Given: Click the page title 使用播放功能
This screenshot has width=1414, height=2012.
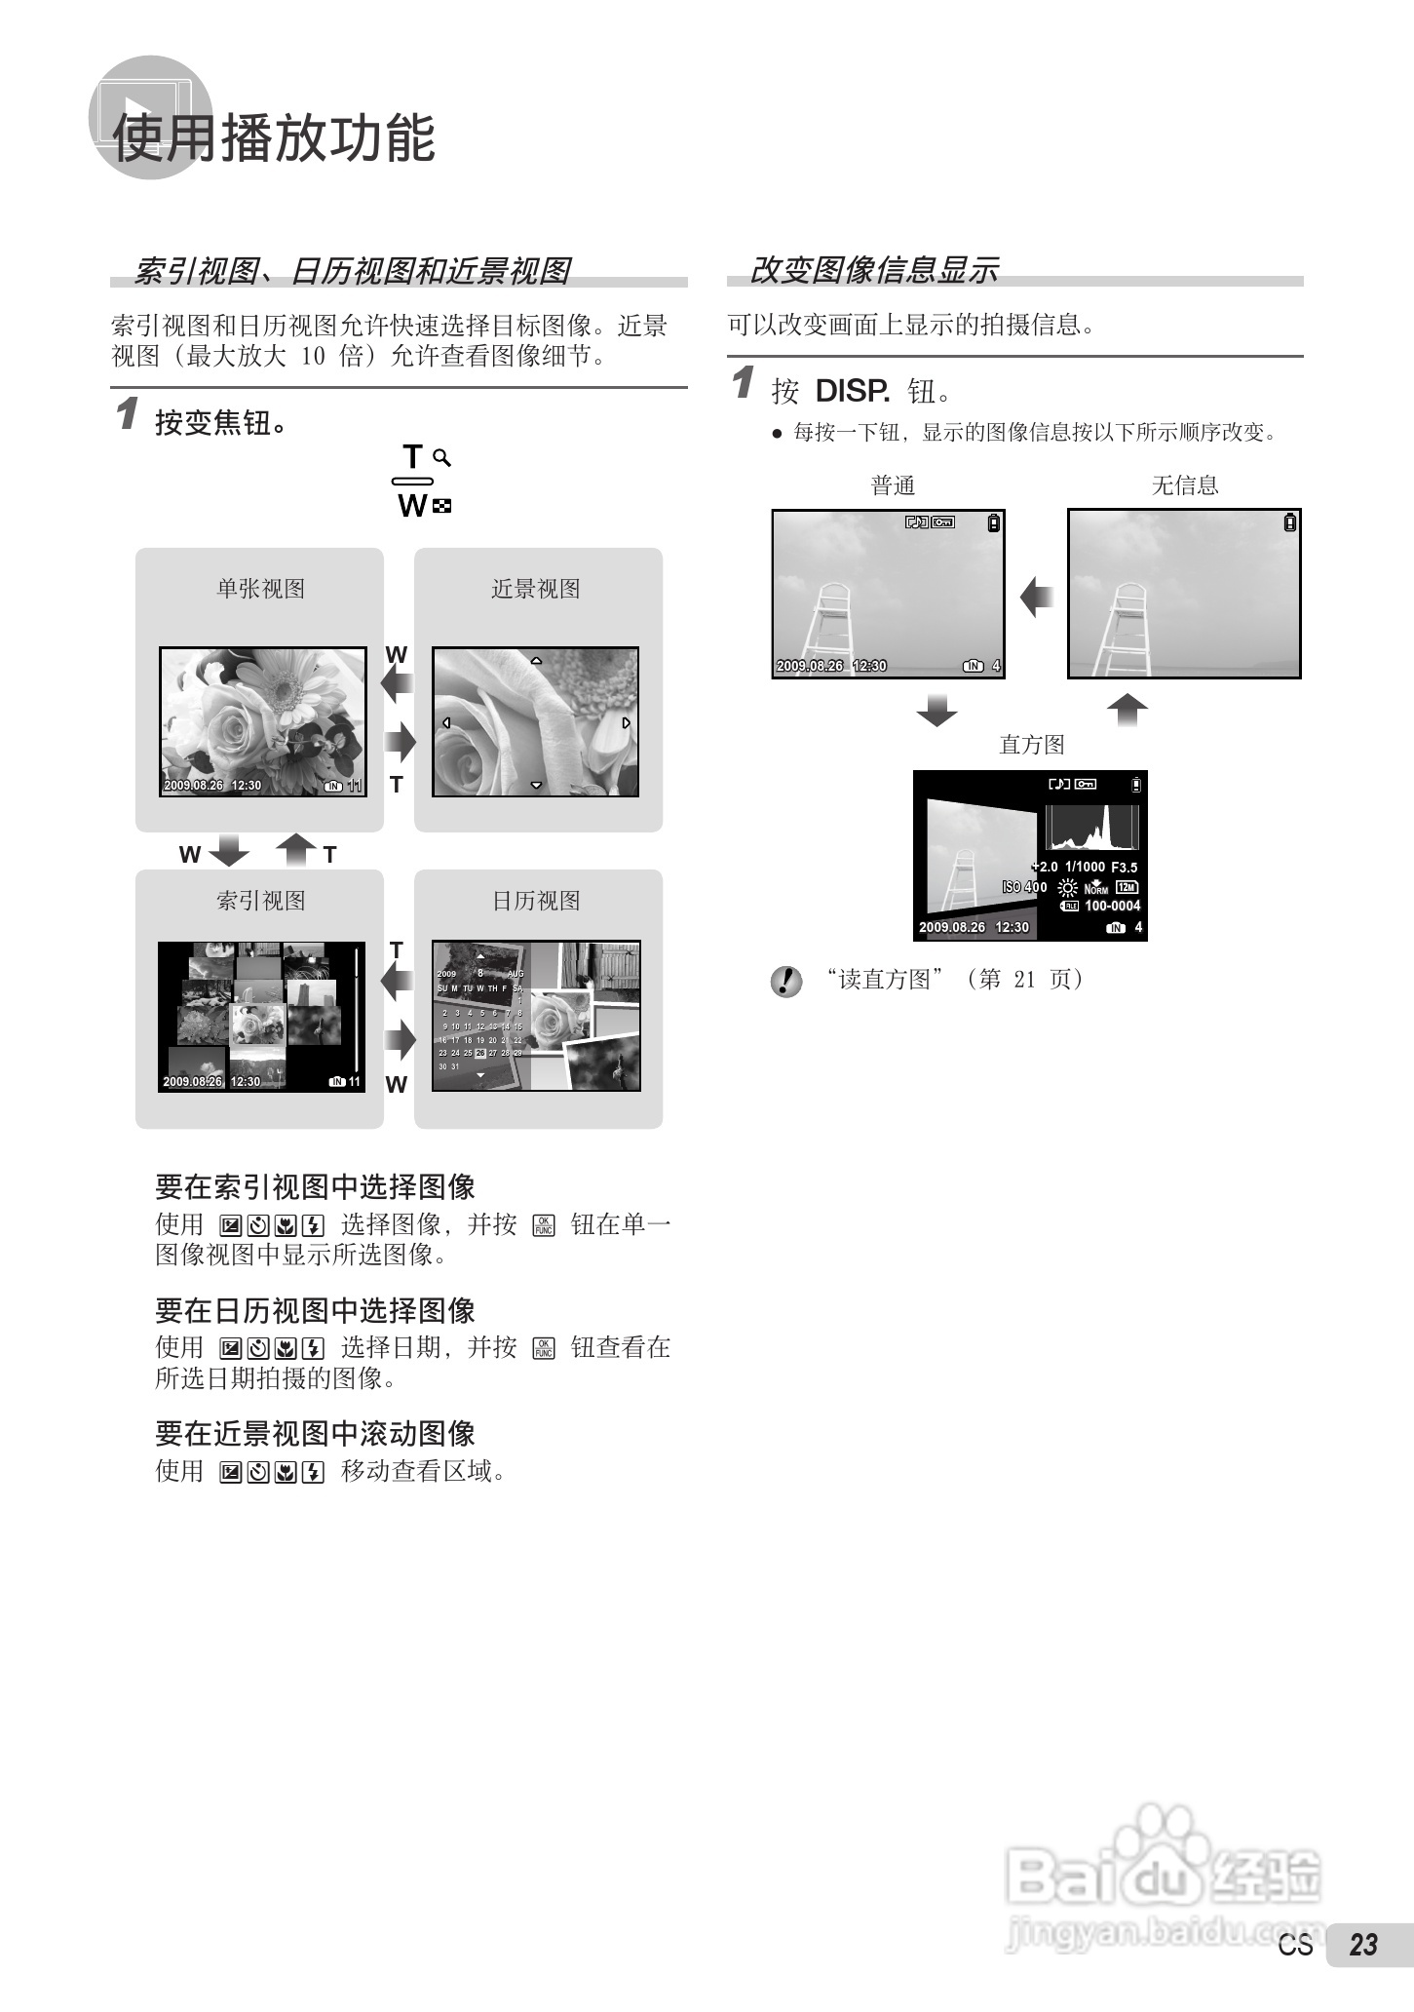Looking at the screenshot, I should pos(275,137).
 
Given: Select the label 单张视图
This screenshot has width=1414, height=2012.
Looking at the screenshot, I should pos(260,589).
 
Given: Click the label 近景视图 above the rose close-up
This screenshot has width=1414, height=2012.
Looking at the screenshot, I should pos(536,589).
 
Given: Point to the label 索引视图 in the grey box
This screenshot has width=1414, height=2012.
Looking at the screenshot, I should pos(260,901).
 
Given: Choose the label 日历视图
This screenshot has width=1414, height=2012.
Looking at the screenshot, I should pos(536,901).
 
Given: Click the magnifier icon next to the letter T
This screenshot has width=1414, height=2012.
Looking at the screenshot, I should pos(442,457).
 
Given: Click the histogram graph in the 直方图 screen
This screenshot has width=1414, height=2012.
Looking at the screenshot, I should pos(1090,828).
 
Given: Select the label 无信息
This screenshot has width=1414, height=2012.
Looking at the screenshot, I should pos(1185,485).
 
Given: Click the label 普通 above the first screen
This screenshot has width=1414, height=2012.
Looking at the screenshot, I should pos(893,485).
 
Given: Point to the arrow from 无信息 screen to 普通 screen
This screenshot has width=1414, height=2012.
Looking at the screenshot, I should pos(1037,596).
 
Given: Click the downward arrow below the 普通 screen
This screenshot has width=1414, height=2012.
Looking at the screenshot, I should pos(936,711).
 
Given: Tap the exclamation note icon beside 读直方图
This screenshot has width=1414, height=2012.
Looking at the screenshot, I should pos(785,981).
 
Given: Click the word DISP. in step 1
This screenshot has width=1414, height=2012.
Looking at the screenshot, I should pos(852,392).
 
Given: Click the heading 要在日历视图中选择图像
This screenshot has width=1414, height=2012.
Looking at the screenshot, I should pos(315,1310).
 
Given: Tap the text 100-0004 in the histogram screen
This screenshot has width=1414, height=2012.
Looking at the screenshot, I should pos(1112,906).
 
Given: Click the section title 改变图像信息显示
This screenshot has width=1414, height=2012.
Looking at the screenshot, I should pos(873,270).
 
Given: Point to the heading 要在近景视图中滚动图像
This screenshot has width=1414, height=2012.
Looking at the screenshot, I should pos(315,1434).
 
